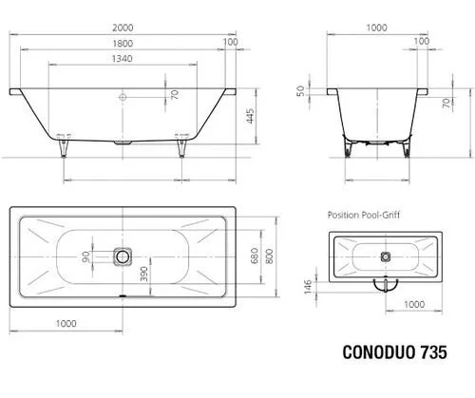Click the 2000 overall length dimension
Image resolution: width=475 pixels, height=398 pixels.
pos(123,28)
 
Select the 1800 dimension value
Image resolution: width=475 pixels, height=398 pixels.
pos(123,44)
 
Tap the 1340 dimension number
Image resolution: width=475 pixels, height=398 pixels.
pos(123,59)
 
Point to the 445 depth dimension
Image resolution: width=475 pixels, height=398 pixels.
pos(251,116)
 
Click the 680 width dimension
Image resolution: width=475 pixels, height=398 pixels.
pos(255,256)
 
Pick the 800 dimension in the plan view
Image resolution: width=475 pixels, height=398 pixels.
pos(270,256)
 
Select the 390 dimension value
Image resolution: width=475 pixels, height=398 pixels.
pos(144,275)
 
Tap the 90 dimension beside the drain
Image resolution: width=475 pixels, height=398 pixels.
pos(85,256)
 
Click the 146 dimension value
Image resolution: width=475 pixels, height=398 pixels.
pos(308,287)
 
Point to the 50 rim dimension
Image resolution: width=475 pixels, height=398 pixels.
pos(301,91)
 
